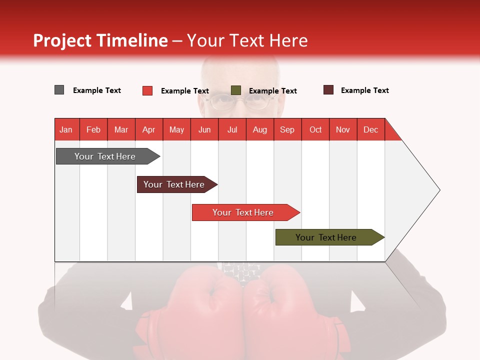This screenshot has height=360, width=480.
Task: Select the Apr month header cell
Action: (x=149, y=129)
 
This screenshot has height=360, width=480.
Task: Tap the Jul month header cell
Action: (x=232, y=129)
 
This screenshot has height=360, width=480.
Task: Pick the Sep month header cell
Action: (x=287, y=129)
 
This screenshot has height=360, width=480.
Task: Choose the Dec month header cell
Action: (x=370, y=129)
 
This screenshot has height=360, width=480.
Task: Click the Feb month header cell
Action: (x=93, y=129)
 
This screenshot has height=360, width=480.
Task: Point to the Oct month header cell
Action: (x=315, y=129)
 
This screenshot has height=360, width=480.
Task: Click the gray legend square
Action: (x=59, y=90)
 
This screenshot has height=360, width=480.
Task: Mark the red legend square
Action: (x=147, y=90)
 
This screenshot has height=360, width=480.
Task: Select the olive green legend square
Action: (x=236, y=90)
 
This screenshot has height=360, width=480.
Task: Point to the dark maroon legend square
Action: (x=328, y=90)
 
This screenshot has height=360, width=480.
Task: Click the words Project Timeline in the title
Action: (x=100, y=40)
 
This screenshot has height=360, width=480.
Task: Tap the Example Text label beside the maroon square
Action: (x=364, y=90)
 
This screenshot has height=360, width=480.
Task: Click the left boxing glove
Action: (x=200, y=310)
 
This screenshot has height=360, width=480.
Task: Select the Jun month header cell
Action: (x=204, y=129)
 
